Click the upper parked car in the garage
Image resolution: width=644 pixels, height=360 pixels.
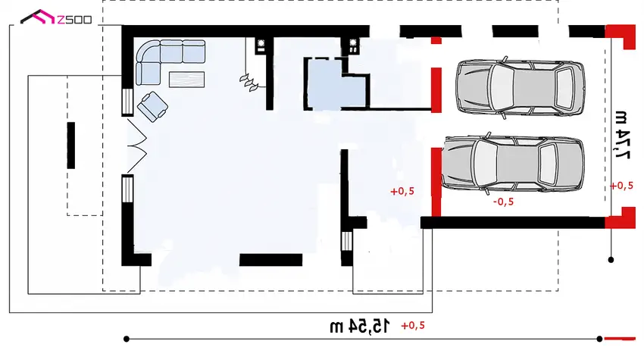[x=521, y=87]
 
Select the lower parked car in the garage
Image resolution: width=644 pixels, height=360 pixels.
[x=513, y=163]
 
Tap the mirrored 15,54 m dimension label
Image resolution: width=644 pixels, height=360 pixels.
[x=359, y=327]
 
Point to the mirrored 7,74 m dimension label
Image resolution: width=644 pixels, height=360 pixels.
[x=622, y=134]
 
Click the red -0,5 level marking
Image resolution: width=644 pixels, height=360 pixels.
[x=504, y=202]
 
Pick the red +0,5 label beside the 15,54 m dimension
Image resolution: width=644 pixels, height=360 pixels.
[x=413, y=325]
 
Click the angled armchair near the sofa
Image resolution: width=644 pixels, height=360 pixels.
[x=152, y=106]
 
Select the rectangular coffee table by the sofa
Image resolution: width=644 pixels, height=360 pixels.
[x=187, y=80]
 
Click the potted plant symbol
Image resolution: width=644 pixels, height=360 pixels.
[x=249, y=83]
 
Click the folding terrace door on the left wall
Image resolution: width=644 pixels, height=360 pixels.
[x=137, y=146]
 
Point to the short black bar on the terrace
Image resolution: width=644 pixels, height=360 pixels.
[x=71, y=146]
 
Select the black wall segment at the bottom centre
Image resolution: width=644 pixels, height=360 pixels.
[x=270, y=260]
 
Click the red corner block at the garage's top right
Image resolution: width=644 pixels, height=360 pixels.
[x=621, y=36]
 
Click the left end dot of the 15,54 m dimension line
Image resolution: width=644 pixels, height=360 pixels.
[x=127, y=339]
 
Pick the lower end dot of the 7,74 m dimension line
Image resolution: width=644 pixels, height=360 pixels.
[x=611, y=260]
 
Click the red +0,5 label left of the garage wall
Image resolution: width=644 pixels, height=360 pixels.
[x=402, y=191]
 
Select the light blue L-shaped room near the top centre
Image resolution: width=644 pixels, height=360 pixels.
[x=335, y=85]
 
